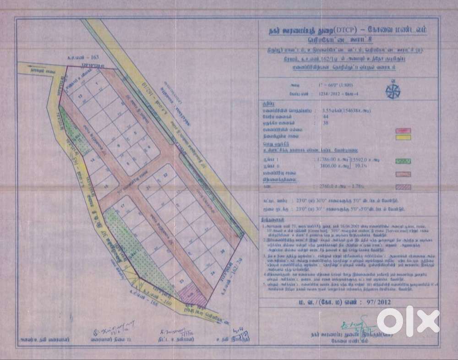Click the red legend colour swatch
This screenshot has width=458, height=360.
click(402, 131)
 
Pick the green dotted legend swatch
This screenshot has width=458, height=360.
click(402, 161)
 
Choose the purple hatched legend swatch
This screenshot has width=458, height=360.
click(402, 187)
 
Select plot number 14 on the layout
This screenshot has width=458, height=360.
click(93, 160)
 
